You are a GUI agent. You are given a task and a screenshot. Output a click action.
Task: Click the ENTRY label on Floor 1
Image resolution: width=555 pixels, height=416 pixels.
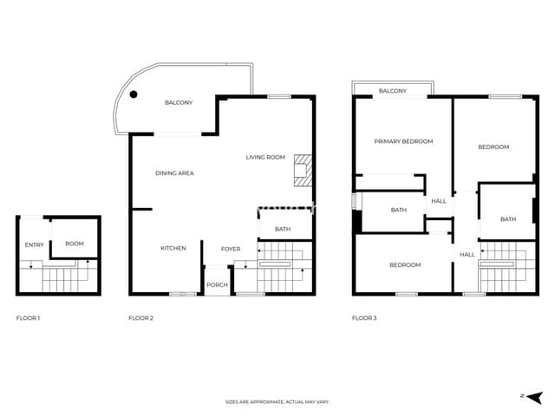click(34, 244)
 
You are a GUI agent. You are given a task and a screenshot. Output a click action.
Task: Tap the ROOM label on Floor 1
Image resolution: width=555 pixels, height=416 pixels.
click(75, 244)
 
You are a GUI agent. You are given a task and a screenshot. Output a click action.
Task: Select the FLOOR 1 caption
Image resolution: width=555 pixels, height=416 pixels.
click(29, 318)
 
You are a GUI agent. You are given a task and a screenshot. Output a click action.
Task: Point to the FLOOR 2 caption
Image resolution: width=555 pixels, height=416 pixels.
click(140, 318)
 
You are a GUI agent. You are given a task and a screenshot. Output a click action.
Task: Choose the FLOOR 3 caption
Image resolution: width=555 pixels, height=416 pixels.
click(364, 318)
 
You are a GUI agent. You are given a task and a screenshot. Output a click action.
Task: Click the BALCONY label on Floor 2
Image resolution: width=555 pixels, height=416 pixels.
click(179, 103)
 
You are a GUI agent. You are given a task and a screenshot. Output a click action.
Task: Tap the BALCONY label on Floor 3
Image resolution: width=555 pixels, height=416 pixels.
click(393, 91)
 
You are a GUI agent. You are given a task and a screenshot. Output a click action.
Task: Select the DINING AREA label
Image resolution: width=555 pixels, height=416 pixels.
click(174, 173)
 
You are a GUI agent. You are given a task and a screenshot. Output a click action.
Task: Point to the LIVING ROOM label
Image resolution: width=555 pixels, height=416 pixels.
click(265, 157)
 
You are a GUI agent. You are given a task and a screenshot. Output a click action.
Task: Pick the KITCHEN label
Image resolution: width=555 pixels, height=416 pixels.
click(173, 249)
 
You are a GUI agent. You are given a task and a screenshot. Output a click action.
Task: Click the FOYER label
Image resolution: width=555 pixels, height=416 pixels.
click(231, 249)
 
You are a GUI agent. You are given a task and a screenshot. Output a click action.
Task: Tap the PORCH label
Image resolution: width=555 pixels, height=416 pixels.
click(217, 285)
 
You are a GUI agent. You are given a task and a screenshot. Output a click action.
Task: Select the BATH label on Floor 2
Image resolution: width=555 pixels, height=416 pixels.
click(283, 229)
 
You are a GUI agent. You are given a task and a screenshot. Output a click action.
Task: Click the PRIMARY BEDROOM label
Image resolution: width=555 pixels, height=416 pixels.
click(403, 141)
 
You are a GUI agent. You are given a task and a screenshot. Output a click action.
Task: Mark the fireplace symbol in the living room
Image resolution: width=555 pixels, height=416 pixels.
click(302, 171)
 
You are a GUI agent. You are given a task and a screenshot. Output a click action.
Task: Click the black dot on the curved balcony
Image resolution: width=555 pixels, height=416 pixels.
click(134, 94)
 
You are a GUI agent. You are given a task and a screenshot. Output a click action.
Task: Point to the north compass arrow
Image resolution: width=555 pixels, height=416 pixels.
click(524, 395)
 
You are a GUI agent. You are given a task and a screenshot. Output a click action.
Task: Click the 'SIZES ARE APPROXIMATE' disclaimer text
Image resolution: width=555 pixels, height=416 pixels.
click(277, 402)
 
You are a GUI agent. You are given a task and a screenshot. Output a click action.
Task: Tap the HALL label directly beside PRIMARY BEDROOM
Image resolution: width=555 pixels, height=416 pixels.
click(439, 201)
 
